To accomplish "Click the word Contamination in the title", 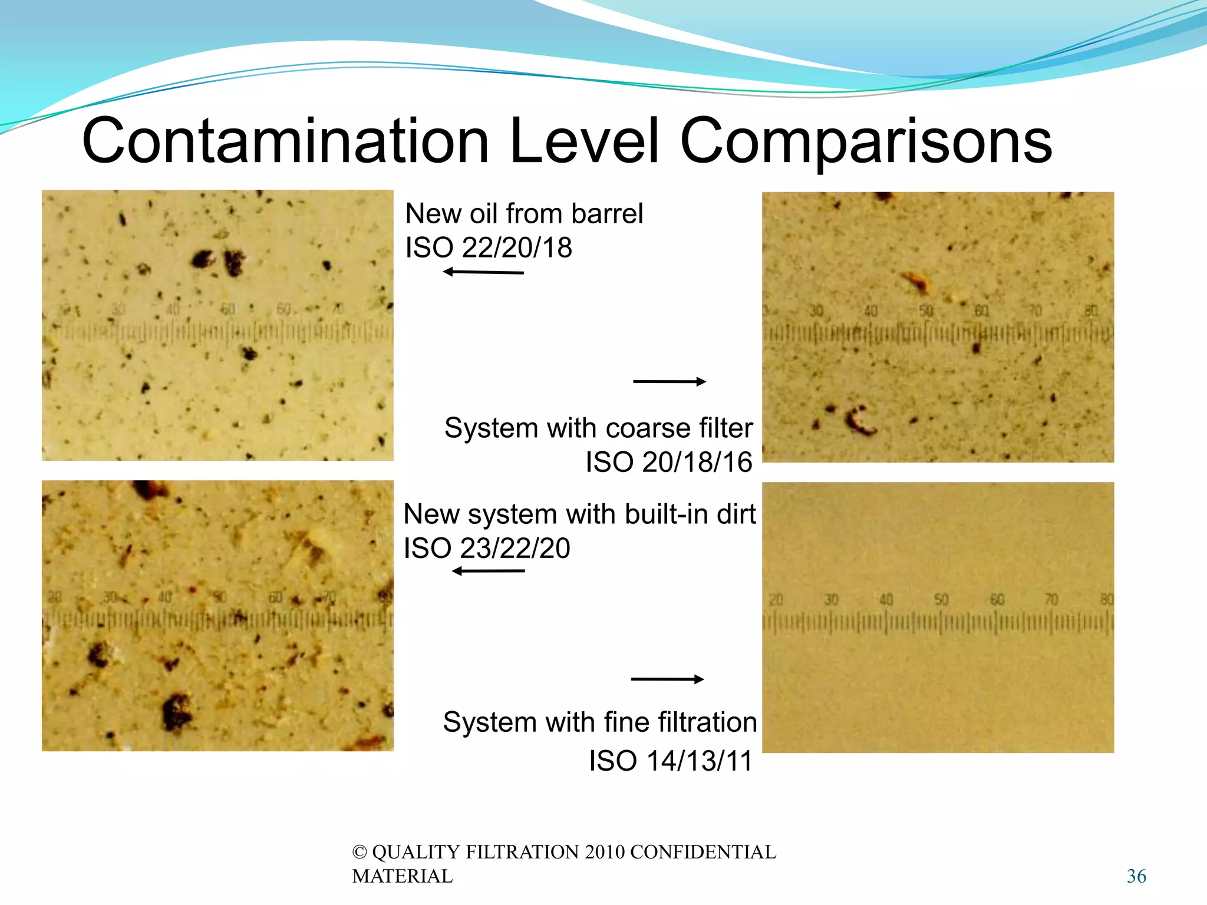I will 286,141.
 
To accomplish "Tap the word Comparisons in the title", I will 866,141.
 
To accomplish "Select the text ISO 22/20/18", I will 489,247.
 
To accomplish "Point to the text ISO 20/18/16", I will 669,462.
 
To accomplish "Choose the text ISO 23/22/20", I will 487,548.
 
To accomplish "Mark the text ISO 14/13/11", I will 671,761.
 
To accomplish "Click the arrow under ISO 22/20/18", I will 483,272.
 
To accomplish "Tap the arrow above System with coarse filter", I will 670,381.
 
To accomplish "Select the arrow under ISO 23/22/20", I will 488,571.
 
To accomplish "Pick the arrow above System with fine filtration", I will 668,679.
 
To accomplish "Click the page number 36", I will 1136,876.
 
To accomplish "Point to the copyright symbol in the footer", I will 360,852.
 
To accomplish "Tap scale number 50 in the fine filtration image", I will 941,600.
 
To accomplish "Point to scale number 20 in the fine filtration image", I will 776,600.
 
